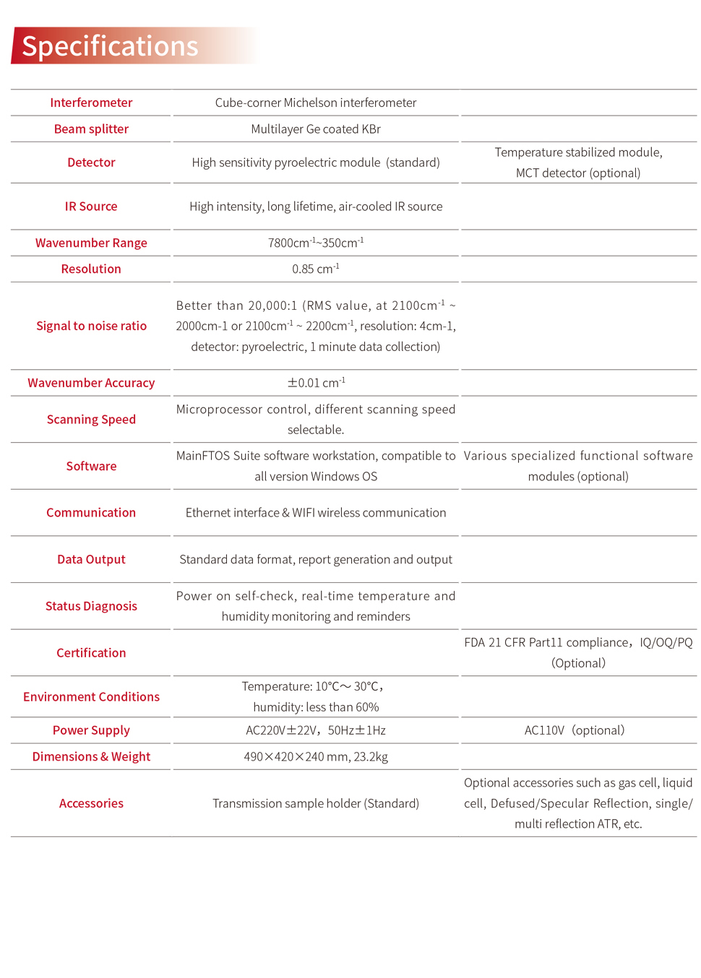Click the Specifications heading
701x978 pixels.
(x=110, y=46)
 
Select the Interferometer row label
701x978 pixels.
(x=91, y=103)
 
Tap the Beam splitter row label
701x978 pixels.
(x=91, y=129)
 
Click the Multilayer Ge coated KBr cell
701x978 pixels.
(x=316, y=129)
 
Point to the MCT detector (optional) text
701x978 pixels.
(x=578, y=173)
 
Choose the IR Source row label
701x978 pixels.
(x=91, y=207)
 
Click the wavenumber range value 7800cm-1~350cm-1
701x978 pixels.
(x=316, y=243)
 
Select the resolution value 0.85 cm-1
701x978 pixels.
(x=316, y=269)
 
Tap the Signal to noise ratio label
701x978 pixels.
(x=91, y=326)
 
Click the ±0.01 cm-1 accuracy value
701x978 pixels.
(x=316, y=383)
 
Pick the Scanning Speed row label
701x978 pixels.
(x=91, y=420)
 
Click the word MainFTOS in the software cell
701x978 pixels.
(x=202, y=456)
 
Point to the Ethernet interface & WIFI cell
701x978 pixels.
(x=316, y=513)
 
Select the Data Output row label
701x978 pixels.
(x=91, y=560)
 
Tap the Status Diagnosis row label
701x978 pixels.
(x=91, y=606)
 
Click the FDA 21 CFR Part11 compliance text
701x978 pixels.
(x=546, y=643)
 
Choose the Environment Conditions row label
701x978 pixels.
(x=91, y=697)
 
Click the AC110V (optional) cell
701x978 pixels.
(x=575, y=730)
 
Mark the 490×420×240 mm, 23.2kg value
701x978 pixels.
(x=316, y=757)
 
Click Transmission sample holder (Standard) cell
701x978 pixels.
(x=316, y=803)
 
